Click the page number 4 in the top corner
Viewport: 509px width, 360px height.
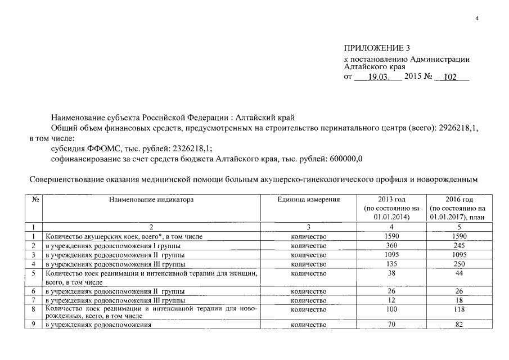477,19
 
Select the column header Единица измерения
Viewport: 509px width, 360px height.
309,200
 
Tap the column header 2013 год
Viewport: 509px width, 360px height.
392,200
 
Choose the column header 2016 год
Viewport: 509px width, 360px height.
459,200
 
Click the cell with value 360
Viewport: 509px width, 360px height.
392,245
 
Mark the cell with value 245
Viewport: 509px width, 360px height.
459,245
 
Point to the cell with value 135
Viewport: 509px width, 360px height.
392,263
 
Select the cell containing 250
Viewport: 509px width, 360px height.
459,263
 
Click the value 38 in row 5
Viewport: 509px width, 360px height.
392,273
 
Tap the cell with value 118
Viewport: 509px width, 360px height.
459,310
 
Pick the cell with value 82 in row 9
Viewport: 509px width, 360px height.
459,325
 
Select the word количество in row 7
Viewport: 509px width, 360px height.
309,301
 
